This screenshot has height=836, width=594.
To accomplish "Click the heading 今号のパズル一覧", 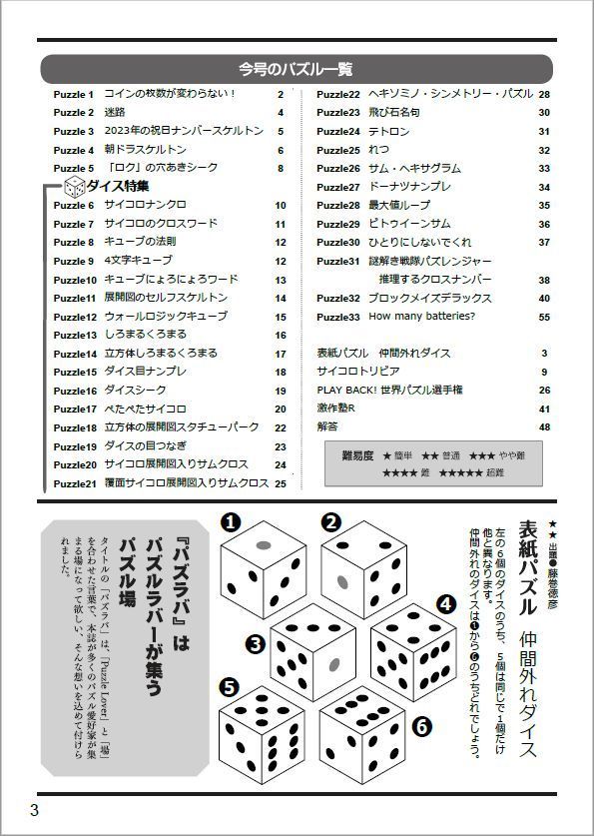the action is (296, 69).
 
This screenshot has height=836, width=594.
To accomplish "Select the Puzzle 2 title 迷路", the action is (116, 113).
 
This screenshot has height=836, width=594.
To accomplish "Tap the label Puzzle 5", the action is (73, 168).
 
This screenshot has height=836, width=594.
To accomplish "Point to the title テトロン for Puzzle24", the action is (388, 131).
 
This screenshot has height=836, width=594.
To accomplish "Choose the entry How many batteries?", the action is (421, 317).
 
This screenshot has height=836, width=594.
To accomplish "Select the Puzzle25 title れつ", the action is (377, 150).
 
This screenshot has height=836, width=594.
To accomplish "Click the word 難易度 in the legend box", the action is (356, 455).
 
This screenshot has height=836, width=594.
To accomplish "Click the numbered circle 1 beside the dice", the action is (230, 521).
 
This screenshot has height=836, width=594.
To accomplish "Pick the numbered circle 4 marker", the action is (446, 604).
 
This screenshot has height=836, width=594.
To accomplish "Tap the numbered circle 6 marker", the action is (421, 725).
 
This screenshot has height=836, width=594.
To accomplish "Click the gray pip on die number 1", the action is (265, 545).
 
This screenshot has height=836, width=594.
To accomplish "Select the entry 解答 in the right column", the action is (327, 427).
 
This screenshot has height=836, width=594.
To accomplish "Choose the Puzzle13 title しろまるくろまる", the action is (146, 336).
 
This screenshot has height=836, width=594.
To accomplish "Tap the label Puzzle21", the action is (75, 483).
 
